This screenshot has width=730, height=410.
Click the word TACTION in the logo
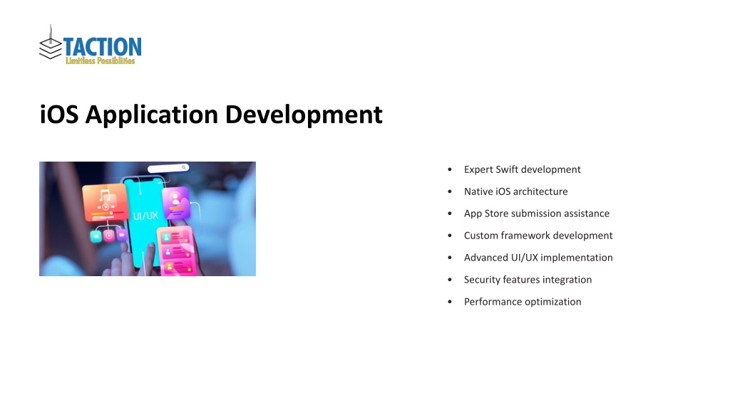coord(103,47)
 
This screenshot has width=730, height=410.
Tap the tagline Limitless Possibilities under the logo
coord(100,61)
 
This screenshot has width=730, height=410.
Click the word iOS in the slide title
coord(59,115)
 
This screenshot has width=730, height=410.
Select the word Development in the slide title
coord(304,115)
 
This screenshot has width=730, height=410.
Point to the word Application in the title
coord(152,115)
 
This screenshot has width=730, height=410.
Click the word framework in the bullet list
coord(525,236)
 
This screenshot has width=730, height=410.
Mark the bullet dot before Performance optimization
coord(450,302)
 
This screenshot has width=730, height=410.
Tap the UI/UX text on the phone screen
coord(145,216)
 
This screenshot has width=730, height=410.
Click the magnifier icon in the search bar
coord(184,167)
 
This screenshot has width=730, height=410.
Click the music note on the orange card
coord(105,195)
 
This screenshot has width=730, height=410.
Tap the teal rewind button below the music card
coord(96,236)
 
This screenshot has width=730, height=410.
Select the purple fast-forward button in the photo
coord(121,235)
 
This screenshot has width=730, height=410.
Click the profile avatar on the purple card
coord(175,199)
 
